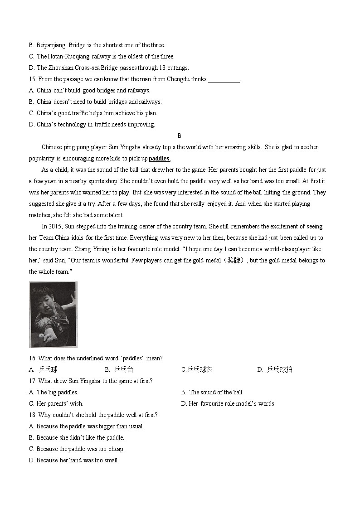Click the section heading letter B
(179, 136)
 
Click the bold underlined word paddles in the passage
(159, 159)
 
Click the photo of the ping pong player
(53, 315)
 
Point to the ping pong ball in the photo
(42, 335)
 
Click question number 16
(33, 358)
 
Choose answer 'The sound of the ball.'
(216, 392)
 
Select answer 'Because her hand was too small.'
(78, 460)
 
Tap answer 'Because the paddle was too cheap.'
(80, 449)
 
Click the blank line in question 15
(224, 80)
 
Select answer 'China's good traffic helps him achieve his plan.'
(97, 113)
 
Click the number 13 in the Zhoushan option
(162, 68)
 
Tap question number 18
(33, 415)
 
